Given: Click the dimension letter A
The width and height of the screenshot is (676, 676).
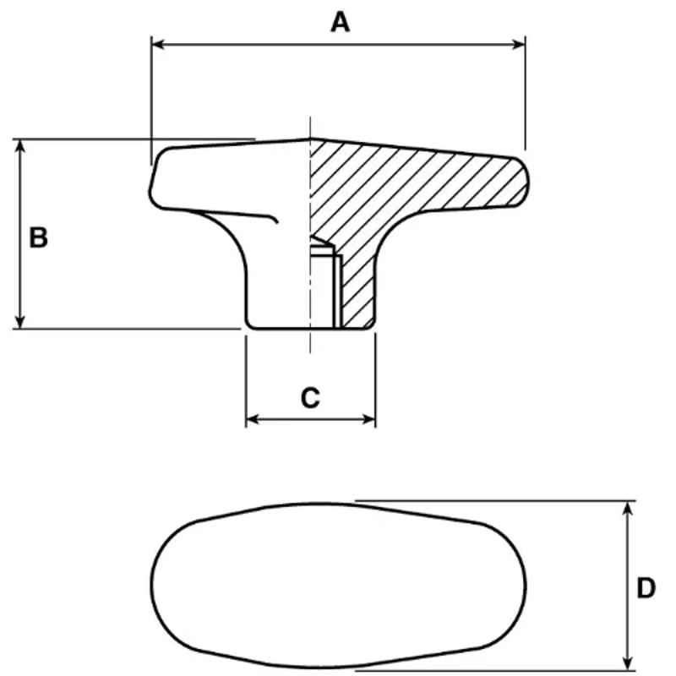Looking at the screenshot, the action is pos(341,23).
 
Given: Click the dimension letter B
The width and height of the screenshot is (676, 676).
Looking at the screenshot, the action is pos(38,237).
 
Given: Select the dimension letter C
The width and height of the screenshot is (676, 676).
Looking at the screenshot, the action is pos(310,398).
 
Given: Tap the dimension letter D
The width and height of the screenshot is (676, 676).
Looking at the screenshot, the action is pos(646,588).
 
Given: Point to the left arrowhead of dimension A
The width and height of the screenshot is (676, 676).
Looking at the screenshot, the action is pos(158,44).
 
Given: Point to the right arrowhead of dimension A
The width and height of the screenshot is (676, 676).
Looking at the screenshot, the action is pos(518,44).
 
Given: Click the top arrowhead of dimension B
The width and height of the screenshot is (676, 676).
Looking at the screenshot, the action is pos(19,146).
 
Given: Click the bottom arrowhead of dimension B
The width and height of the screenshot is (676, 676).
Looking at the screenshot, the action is pos(19,321).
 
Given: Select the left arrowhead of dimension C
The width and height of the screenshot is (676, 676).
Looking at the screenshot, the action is pos(253,419).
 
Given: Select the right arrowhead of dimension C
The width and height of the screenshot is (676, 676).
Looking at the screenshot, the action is pos(368,419).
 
